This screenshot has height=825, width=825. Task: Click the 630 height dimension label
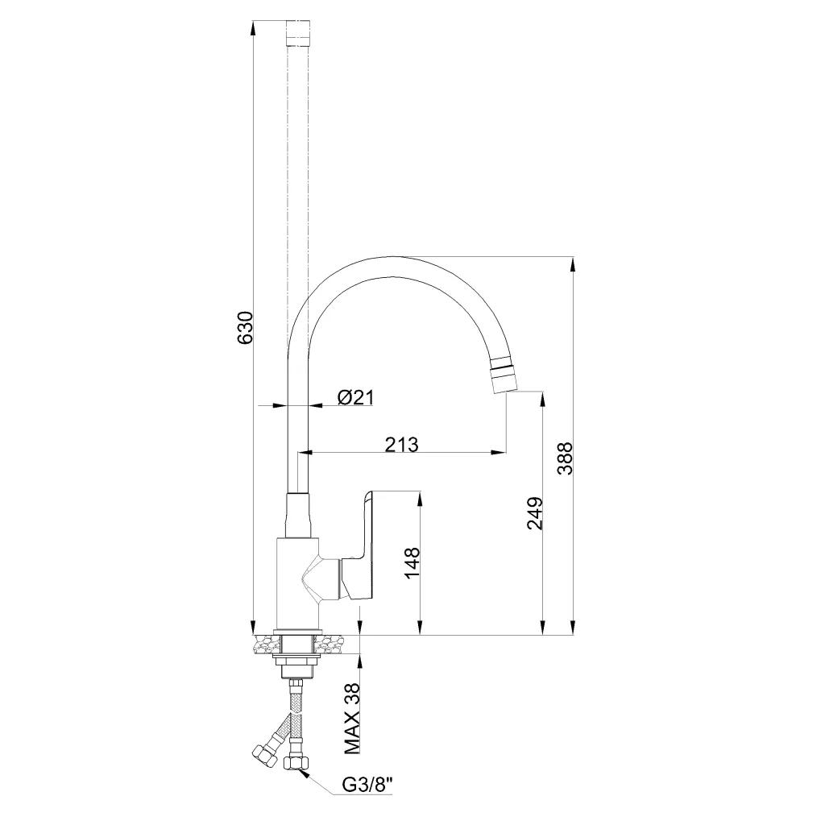pos(246,328)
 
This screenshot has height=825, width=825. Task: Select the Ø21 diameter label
pos(355,397)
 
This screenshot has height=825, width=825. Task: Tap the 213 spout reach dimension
pos(401,445)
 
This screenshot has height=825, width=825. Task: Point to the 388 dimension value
pos(565,458)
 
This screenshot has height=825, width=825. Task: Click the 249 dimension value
pos(535,513)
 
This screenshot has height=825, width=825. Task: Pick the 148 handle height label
pos(412,563)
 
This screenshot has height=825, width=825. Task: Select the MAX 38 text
pos(352,726)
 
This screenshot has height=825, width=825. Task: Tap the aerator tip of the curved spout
pos(503,374)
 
